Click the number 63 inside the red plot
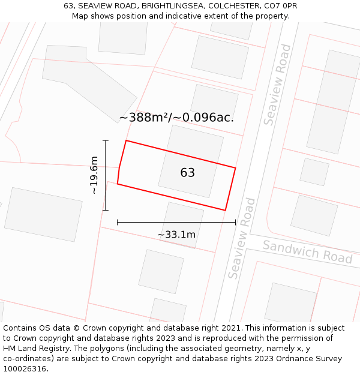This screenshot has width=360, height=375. click(187, 173)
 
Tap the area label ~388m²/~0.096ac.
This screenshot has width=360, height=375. click(176, 118)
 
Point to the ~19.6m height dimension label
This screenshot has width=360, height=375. click(94, 175)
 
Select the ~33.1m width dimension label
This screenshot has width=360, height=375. click(176, 234)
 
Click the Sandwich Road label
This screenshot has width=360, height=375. click(307, 251)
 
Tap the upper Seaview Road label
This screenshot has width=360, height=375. click(277, 85)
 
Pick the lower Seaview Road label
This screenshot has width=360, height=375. click(242, 238)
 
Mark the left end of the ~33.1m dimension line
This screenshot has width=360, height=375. click(118, 222)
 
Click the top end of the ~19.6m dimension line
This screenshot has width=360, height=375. click(106, 140)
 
